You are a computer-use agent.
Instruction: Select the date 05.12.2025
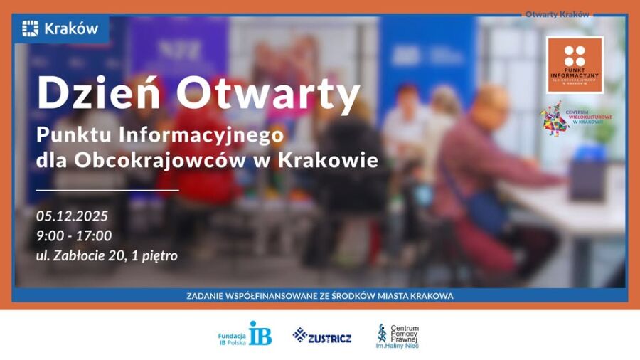(73, 216)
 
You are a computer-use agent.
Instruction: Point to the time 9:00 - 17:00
(74, 235)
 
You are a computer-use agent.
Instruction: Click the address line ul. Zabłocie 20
(107, 255)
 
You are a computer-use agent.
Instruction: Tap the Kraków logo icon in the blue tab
(30, 28)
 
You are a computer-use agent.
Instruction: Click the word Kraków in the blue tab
(70, 29)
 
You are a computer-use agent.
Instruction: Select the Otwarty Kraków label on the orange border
(557, 14)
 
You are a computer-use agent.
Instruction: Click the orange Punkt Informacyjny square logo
(575, 65)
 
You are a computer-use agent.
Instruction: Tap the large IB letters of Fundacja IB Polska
(260, 334)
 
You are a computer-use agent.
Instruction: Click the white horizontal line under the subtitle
(107, 191)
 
